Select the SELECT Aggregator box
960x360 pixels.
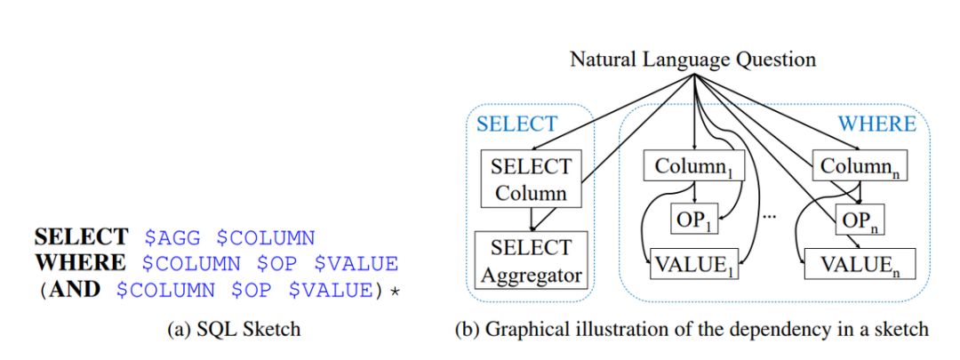coord(530,259)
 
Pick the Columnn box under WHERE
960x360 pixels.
coord(854,167)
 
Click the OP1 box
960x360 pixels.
coord(693,218)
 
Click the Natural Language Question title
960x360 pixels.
coord(692,60)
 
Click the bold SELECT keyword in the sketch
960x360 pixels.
coord(82,238)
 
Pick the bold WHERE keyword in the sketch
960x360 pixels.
coord(76,264)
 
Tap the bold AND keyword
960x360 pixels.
coord(75,290)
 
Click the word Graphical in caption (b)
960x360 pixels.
coord(525,331)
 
